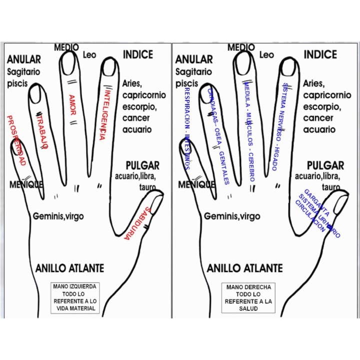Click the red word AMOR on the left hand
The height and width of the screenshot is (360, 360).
72,105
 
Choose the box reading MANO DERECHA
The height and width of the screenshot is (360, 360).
248,298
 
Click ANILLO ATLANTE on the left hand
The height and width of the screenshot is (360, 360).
70,268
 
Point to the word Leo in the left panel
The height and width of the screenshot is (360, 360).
89,54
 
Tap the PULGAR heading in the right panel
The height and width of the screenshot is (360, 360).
325,165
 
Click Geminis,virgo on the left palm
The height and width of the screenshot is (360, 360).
58,216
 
